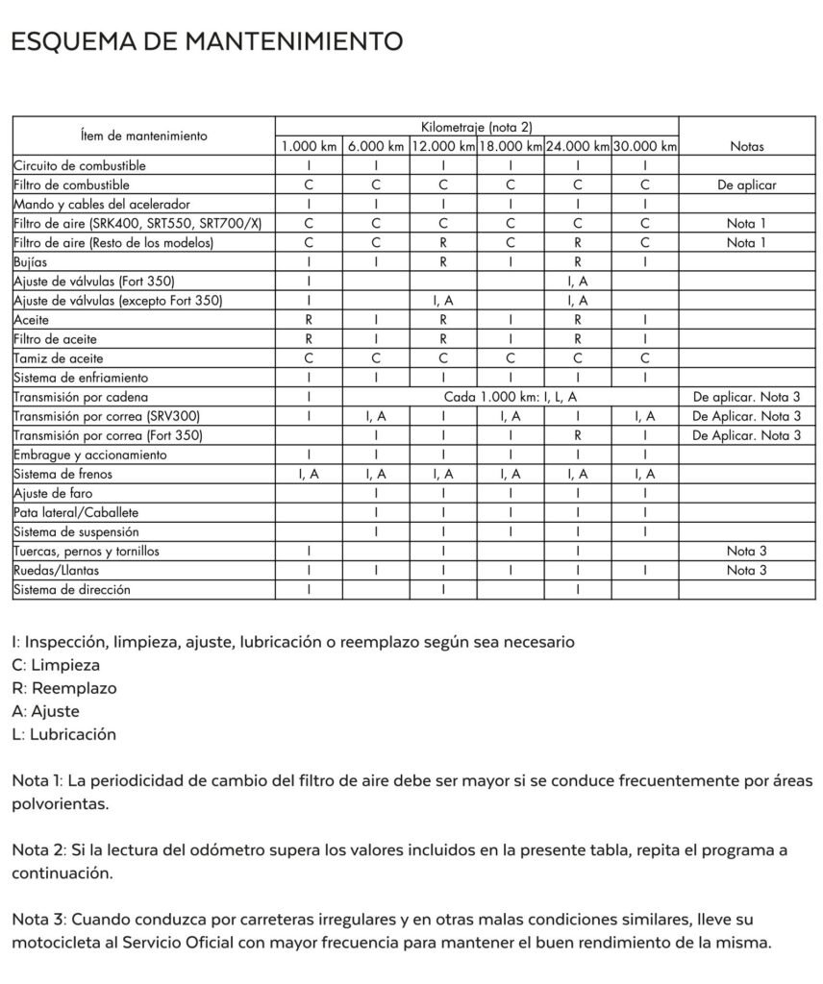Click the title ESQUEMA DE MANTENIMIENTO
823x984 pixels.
pos(206,41)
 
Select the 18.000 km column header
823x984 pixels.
pos(511,147)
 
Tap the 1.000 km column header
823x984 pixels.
pos(309,147)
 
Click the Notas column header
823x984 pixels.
pos(746,147)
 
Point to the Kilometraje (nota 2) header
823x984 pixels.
pos(476,127)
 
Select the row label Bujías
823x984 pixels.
pos(32,261)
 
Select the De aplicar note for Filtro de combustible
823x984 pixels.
pos(746,184)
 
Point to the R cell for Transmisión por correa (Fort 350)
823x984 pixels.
pos(578,435)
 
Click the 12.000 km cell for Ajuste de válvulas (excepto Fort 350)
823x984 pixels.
pos(443,301)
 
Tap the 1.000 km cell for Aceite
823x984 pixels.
pos(309,320)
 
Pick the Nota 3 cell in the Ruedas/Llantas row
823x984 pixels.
pos(746,571)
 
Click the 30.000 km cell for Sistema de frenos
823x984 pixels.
pos(645,474)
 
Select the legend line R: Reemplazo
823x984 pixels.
pos(64,688)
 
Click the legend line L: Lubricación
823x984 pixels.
pos(64,734)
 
